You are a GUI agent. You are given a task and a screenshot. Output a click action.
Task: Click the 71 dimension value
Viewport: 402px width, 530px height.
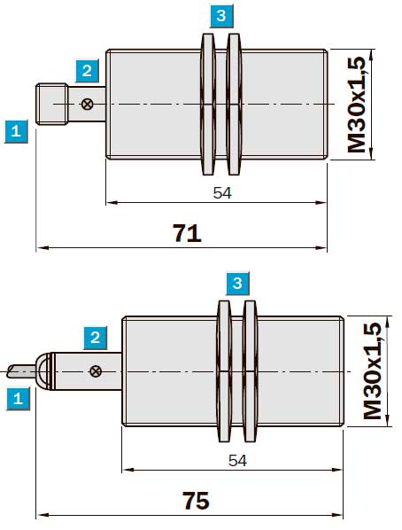[188, 232]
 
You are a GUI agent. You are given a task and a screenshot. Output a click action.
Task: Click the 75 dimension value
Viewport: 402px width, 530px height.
[197, 500]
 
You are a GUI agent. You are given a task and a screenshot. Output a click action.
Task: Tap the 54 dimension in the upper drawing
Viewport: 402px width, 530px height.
[222, 192]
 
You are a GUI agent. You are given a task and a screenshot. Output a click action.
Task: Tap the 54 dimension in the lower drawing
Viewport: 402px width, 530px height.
[238, 460]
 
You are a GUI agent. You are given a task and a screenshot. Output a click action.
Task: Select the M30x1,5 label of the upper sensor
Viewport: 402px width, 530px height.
[357, 105]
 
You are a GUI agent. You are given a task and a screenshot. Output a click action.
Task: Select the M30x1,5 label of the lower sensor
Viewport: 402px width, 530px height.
[372, 370]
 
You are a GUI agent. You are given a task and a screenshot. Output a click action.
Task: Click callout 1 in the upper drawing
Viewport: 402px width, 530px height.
[16, 131]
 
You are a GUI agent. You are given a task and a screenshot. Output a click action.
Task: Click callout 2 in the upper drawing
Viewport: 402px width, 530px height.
[87, 71]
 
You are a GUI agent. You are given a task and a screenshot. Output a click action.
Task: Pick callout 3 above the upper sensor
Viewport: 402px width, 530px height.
[221, 16]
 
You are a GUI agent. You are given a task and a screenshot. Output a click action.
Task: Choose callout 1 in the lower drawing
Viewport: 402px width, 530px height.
[18, 399]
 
